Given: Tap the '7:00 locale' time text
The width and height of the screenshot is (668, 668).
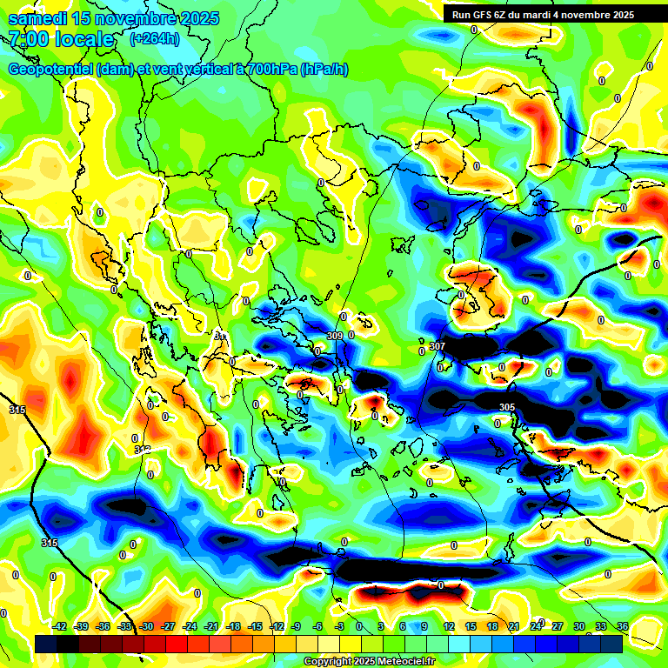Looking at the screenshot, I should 61,39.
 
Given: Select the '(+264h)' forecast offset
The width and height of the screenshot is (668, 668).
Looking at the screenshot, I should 154,38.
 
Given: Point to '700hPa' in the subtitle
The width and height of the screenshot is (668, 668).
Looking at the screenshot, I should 271,70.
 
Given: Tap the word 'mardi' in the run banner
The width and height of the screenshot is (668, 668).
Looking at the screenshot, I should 550,15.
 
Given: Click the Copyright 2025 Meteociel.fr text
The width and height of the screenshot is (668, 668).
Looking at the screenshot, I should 369,661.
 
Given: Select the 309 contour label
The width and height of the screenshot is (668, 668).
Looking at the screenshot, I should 335,336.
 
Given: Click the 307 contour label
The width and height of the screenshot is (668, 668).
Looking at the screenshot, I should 438,346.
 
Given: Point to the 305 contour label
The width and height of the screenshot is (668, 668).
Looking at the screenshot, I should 507,407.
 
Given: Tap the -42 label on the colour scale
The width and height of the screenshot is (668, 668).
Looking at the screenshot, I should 59,626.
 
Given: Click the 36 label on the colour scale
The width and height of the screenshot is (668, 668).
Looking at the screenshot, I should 623,626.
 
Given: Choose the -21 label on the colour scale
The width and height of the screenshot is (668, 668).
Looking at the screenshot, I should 210,626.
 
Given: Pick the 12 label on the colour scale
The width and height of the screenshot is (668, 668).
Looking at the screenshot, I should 448,626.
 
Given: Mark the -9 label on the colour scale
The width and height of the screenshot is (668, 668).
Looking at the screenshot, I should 297,626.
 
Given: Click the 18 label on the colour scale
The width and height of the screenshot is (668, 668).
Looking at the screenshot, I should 491,626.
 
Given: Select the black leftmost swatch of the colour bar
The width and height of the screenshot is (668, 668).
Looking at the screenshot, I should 46,644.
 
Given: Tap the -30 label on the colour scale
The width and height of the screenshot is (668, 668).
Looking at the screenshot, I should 146,626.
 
